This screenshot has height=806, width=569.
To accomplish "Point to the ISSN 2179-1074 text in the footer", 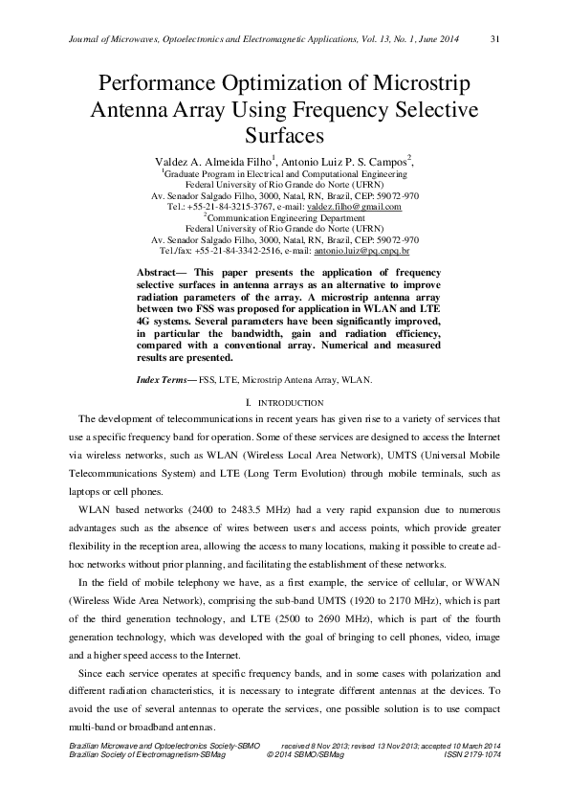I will pyautogui.click(x=472, y=755).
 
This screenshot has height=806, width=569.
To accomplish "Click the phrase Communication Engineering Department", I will pyautogui.click(x=286, y=217).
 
